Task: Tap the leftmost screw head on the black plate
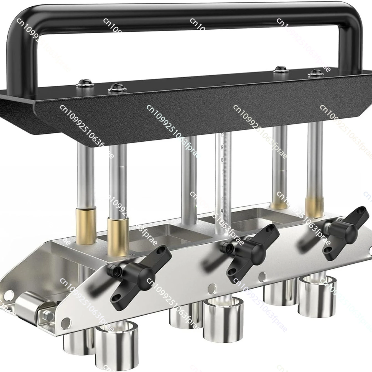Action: [83, 82]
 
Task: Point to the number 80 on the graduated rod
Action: [222, 160]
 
